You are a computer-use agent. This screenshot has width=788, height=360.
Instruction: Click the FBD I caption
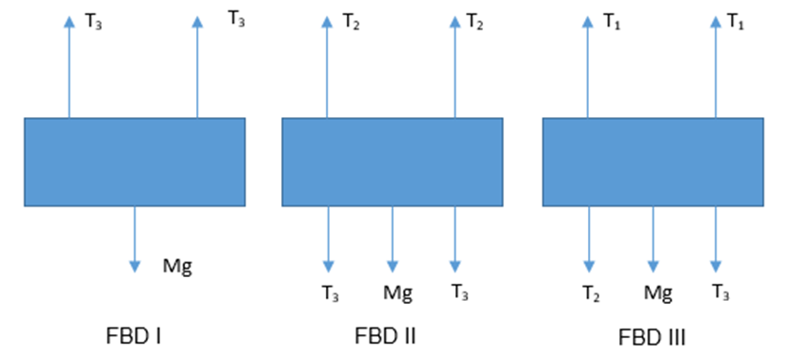[133, 336]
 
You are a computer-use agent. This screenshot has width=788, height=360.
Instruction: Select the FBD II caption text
[386, 336]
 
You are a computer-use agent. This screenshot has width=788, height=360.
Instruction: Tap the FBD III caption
[653, 338]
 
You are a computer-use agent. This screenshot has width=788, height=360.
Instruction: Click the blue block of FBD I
[134, 162]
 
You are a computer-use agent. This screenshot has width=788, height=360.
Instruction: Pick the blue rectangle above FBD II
[392, 162]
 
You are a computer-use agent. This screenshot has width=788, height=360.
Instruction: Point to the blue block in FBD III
[653, 162]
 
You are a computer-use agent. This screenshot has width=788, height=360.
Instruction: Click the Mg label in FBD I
[177, 267]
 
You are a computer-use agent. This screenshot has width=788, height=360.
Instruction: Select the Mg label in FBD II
[398, 292]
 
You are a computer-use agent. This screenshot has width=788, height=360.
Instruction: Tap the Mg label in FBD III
[658, 292]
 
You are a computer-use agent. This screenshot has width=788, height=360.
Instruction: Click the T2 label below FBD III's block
[591, 292]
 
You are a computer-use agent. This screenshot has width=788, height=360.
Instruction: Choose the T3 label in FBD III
[720, 292]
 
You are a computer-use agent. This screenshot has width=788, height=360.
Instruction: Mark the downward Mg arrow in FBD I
[134, 239]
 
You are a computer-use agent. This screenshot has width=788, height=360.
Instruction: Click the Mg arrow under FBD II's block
[393, 239]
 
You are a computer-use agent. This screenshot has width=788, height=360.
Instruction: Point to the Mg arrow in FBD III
[653, 239]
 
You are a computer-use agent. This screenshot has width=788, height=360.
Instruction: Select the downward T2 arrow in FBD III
[589, 239]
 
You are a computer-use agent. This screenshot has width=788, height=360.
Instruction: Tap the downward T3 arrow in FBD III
[717, 239]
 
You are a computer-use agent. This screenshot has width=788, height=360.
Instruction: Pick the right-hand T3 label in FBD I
[236, 19]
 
